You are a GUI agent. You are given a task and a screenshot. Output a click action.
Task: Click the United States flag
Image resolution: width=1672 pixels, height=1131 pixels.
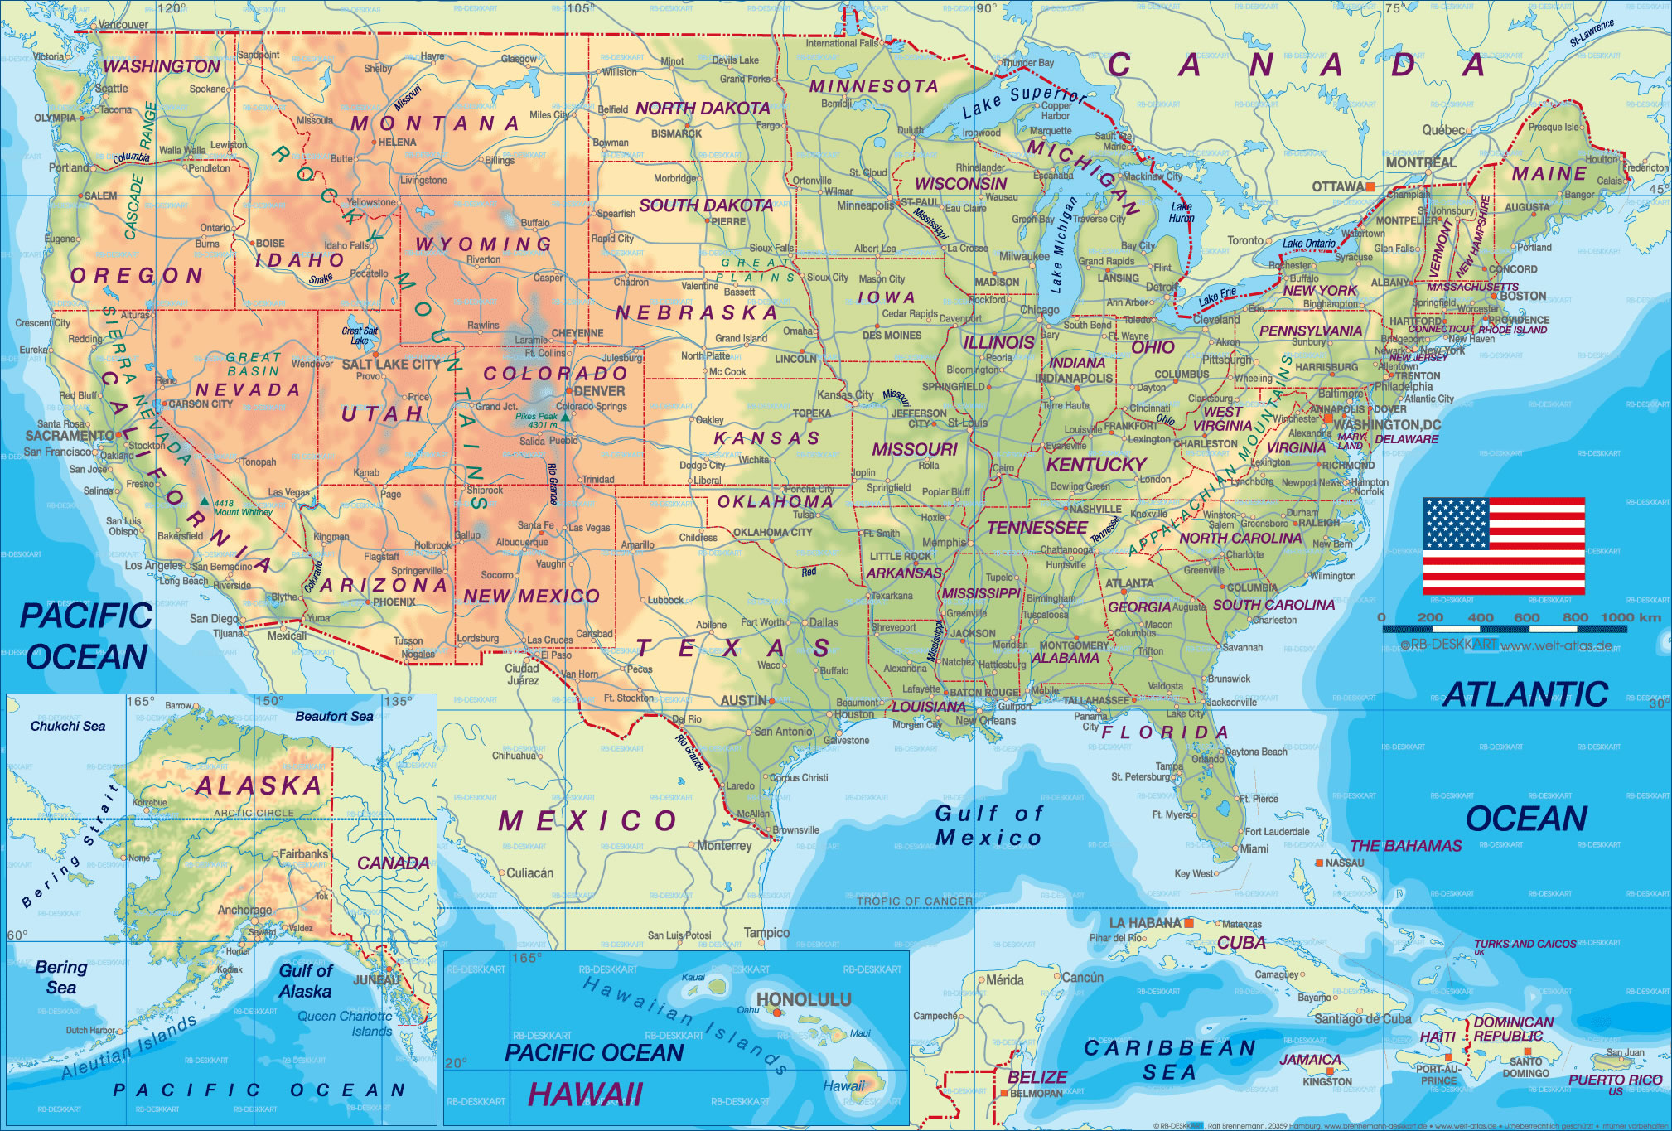(x=1504, y=545)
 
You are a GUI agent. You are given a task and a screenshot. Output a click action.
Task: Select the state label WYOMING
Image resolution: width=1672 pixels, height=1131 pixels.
(x=484, y=244)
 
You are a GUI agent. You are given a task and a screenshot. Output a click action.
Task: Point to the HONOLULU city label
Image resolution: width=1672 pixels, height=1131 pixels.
(x=804, y=999)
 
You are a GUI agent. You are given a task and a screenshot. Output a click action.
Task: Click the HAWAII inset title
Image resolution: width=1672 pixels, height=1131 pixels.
(x=585, y=1095)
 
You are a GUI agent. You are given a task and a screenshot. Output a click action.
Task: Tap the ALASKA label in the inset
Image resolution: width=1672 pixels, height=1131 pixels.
(x=259, y=785)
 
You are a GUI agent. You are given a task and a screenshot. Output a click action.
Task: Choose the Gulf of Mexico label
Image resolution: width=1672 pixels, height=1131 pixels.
(x=988, y=825)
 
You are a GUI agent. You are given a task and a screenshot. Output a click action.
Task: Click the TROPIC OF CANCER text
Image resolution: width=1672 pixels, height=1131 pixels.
(x=914, y=901)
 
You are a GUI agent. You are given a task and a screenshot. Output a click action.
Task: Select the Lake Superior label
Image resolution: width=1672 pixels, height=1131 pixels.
(x=1024, y=101)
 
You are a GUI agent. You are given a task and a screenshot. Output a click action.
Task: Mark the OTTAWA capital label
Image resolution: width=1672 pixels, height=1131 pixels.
(x=1337, y=187)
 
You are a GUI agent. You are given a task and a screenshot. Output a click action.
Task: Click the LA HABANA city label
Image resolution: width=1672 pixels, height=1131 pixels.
(x=1144, y=923)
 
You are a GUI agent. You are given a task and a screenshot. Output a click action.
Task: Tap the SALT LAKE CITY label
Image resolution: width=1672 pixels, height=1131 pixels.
(x=391, y=364)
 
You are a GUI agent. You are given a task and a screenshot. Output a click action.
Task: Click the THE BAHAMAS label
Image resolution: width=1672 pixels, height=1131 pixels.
(x=1405, y=846)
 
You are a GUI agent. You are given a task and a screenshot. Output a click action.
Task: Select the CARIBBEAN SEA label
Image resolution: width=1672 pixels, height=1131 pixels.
(x=1169, y=1060)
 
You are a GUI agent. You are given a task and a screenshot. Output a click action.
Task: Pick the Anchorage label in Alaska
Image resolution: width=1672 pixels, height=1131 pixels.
(x=244, y=910)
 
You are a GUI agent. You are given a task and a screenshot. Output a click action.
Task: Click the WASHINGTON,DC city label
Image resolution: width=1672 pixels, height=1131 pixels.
(x=1386, y=424)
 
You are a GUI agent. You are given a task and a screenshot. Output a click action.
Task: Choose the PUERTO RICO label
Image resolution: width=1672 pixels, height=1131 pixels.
(x=1615, y=1080)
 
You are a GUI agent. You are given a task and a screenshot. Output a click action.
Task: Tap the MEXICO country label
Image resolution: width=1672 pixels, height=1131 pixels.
(x=587, y=821)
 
